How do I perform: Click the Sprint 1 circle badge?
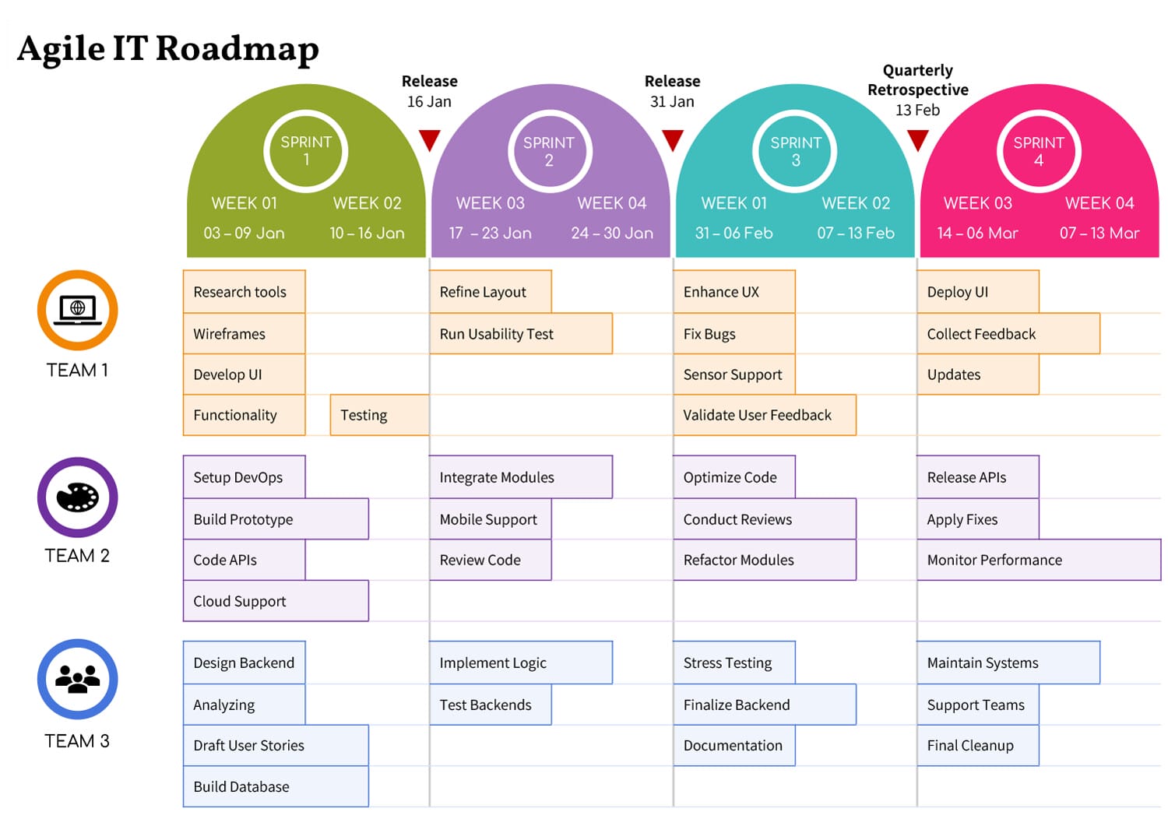point(306,151)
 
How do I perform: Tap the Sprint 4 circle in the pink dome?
point(1038,151)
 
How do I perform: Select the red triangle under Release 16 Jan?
point(429,140)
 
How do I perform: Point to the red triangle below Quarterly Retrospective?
point(918,140)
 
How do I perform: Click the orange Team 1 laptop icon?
point(77,310)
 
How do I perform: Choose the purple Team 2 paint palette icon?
point(77,497)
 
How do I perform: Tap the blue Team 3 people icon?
point(77,679)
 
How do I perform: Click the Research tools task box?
point(244,292)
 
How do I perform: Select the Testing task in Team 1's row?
point(379,415)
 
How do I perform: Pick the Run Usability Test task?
point(520,334)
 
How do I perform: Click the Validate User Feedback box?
point(764,415)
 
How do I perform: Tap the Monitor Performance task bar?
point(1038,560)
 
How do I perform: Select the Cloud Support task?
point(276,601)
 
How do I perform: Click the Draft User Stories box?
point(276,745)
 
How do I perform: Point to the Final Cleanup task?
point(977,745)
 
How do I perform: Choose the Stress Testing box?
point(734,663)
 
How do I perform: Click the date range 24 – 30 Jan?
point(612,233)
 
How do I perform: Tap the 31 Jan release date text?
point(672,101)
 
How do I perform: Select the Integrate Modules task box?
point(520,477)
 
